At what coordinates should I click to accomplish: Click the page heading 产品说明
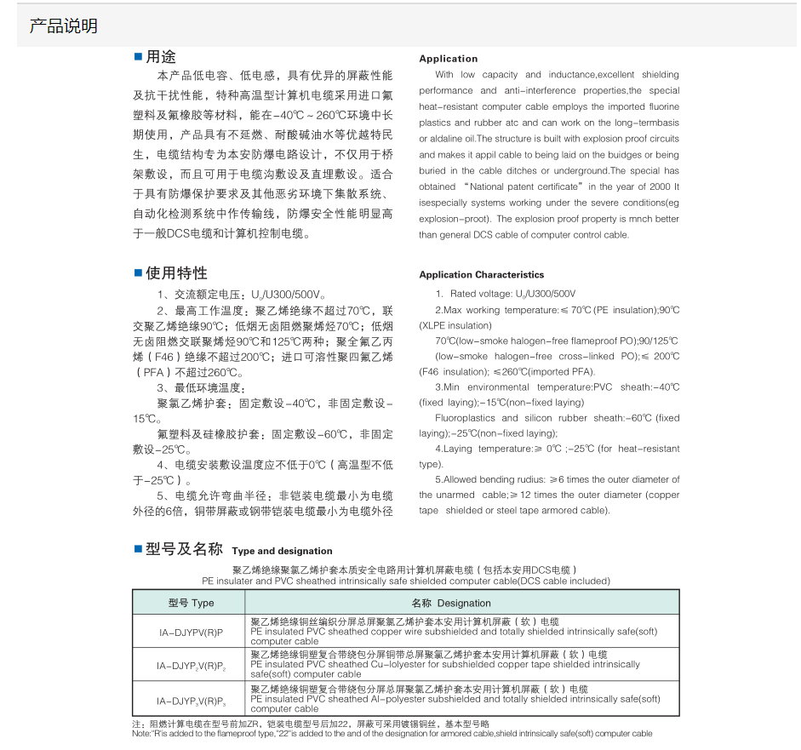[x=64, y=26]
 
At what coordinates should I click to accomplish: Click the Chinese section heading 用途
[x=161, y=57]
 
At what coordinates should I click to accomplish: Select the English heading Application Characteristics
[x=481, y=275]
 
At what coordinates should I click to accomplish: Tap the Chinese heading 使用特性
[x=176, y=273]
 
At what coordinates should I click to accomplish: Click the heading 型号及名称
[x=184, y=550]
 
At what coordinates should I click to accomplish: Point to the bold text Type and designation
[x=282, y=552]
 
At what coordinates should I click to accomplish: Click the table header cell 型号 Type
[x=191, y=603]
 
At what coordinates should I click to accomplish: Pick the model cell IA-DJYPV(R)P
[x=191, y=633]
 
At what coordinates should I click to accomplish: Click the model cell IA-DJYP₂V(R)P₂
[x=191, y=665]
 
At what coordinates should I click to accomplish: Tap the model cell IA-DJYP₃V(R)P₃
[x=191, y=701]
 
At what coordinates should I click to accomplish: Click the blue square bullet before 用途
[x=138, y=57]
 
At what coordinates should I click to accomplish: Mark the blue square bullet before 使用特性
[x=138, y=273]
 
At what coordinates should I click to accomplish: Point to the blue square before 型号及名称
[x=138, y=549]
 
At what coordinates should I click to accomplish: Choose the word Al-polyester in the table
[x=400, y=700]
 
